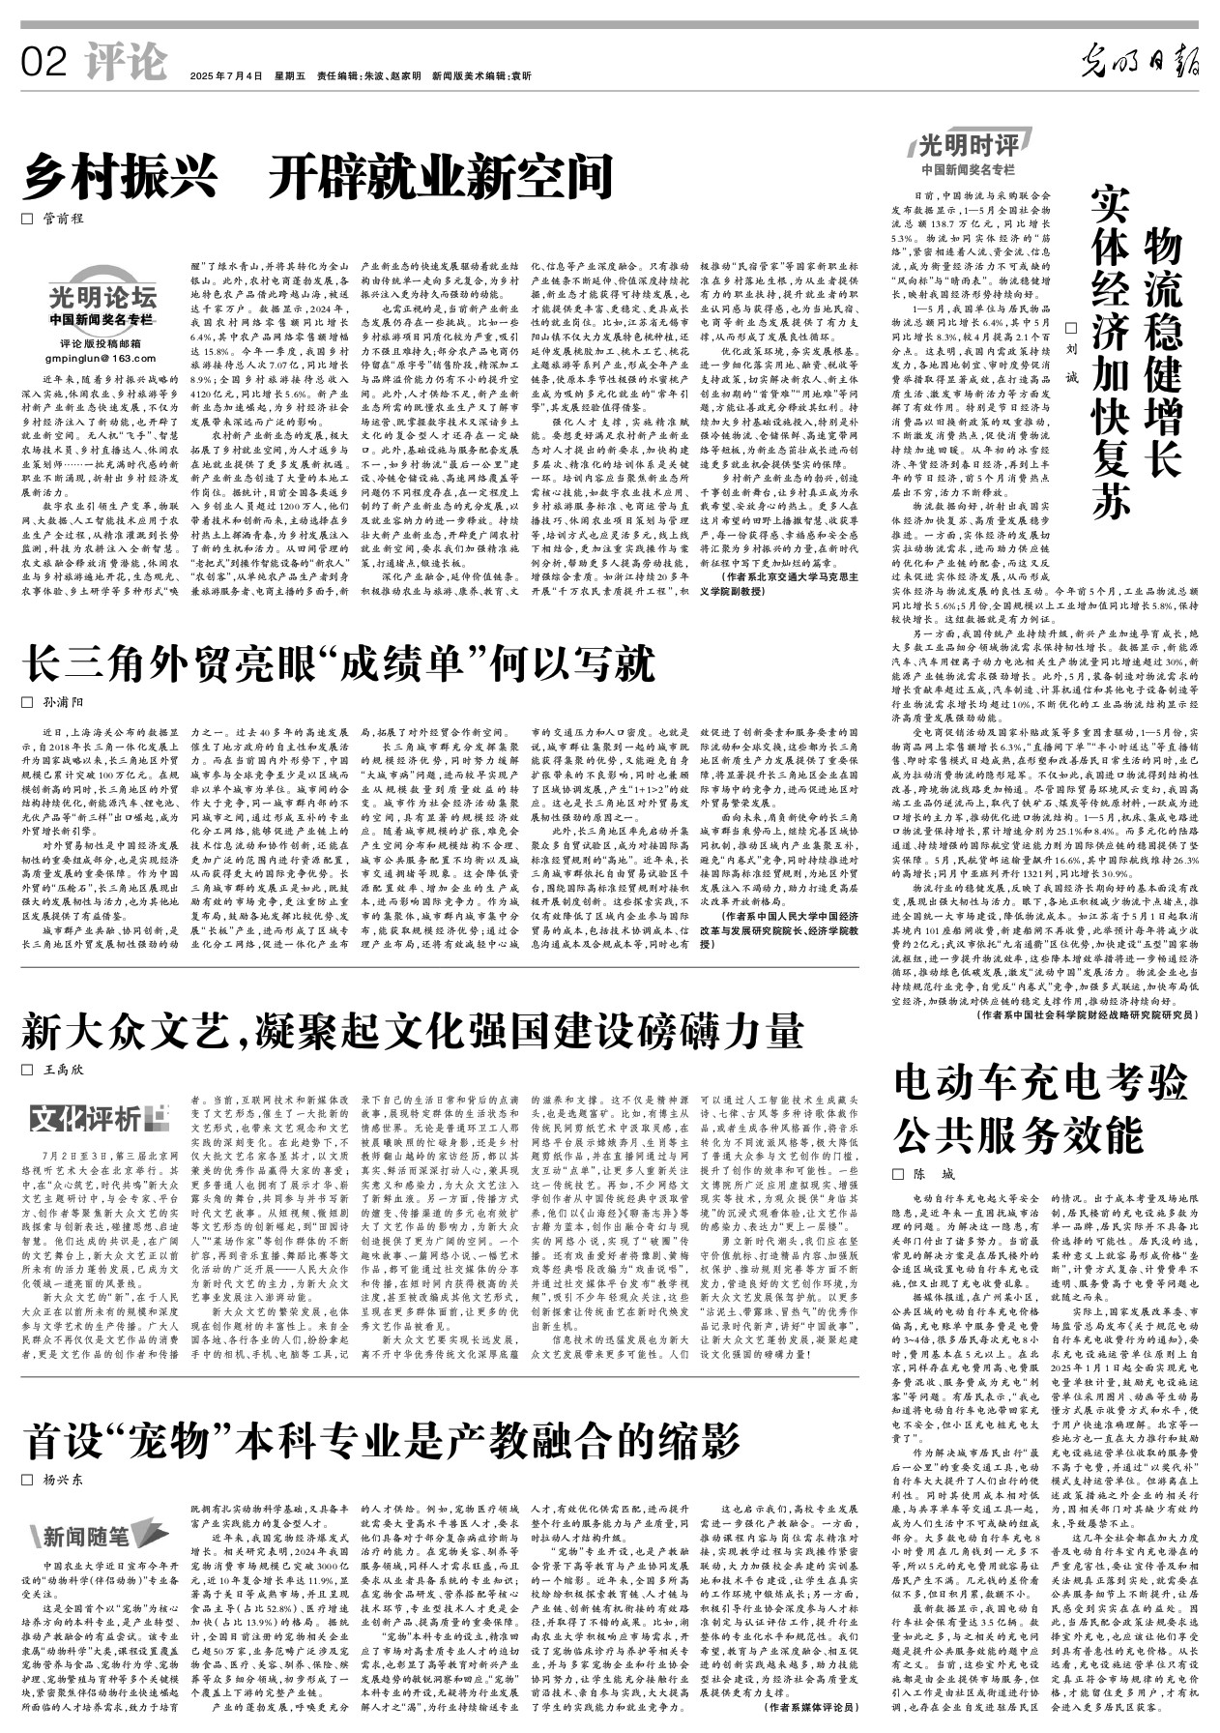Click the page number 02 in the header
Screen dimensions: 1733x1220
(x=44, y=64)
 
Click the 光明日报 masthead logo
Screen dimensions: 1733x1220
(x=1141, y=66)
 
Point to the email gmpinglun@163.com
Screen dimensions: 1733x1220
(x=102, y=357)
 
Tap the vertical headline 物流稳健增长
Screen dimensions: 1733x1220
(x=1163, y=352)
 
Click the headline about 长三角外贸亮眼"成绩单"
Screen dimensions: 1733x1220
(x=339, y=664)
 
